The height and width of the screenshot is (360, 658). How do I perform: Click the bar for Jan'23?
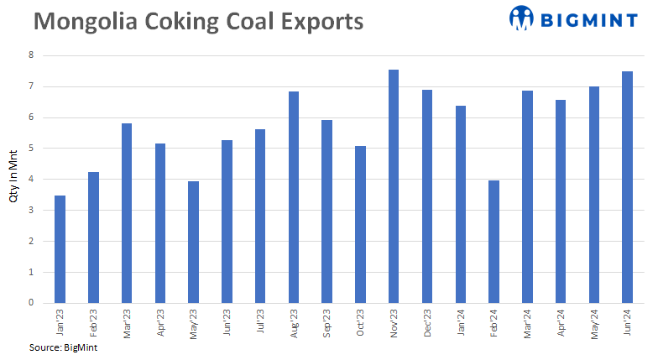point(60,249)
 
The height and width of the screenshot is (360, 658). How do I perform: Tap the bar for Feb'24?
point(493,242)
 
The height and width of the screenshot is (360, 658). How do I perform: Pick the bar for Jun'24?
point(627,187)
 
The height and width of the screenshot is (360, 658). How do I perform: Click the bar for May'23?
point(193,242)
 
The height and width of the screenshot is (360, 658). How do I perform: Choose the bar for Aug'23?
point(294,197)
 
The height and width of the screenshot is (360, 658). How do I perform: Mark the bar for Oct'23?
point(360,224)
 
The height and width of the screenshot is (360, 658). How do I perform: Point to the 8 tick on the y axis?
point(32,55)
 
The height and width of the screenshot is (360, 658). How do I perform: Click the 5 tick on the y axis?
point(32,149)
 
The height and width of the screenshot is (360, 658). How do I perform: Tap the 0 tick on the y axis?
point(32,303)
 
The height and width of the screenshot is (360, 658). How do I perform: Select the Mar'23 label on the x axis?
point(127,321)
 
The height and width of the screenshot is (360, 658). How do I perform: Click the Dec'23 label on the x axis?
point(427,321)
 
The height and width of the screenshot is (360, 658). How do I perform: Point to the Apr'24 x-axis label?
point(561,321)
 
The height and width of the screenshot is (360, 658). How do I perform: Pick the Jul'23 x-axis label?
point(260,321)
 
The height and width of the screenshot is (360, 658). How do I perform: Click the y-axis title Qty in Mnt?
point(13,180)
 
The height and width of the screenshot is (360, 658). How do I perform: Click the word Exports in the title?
point(316,21)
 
